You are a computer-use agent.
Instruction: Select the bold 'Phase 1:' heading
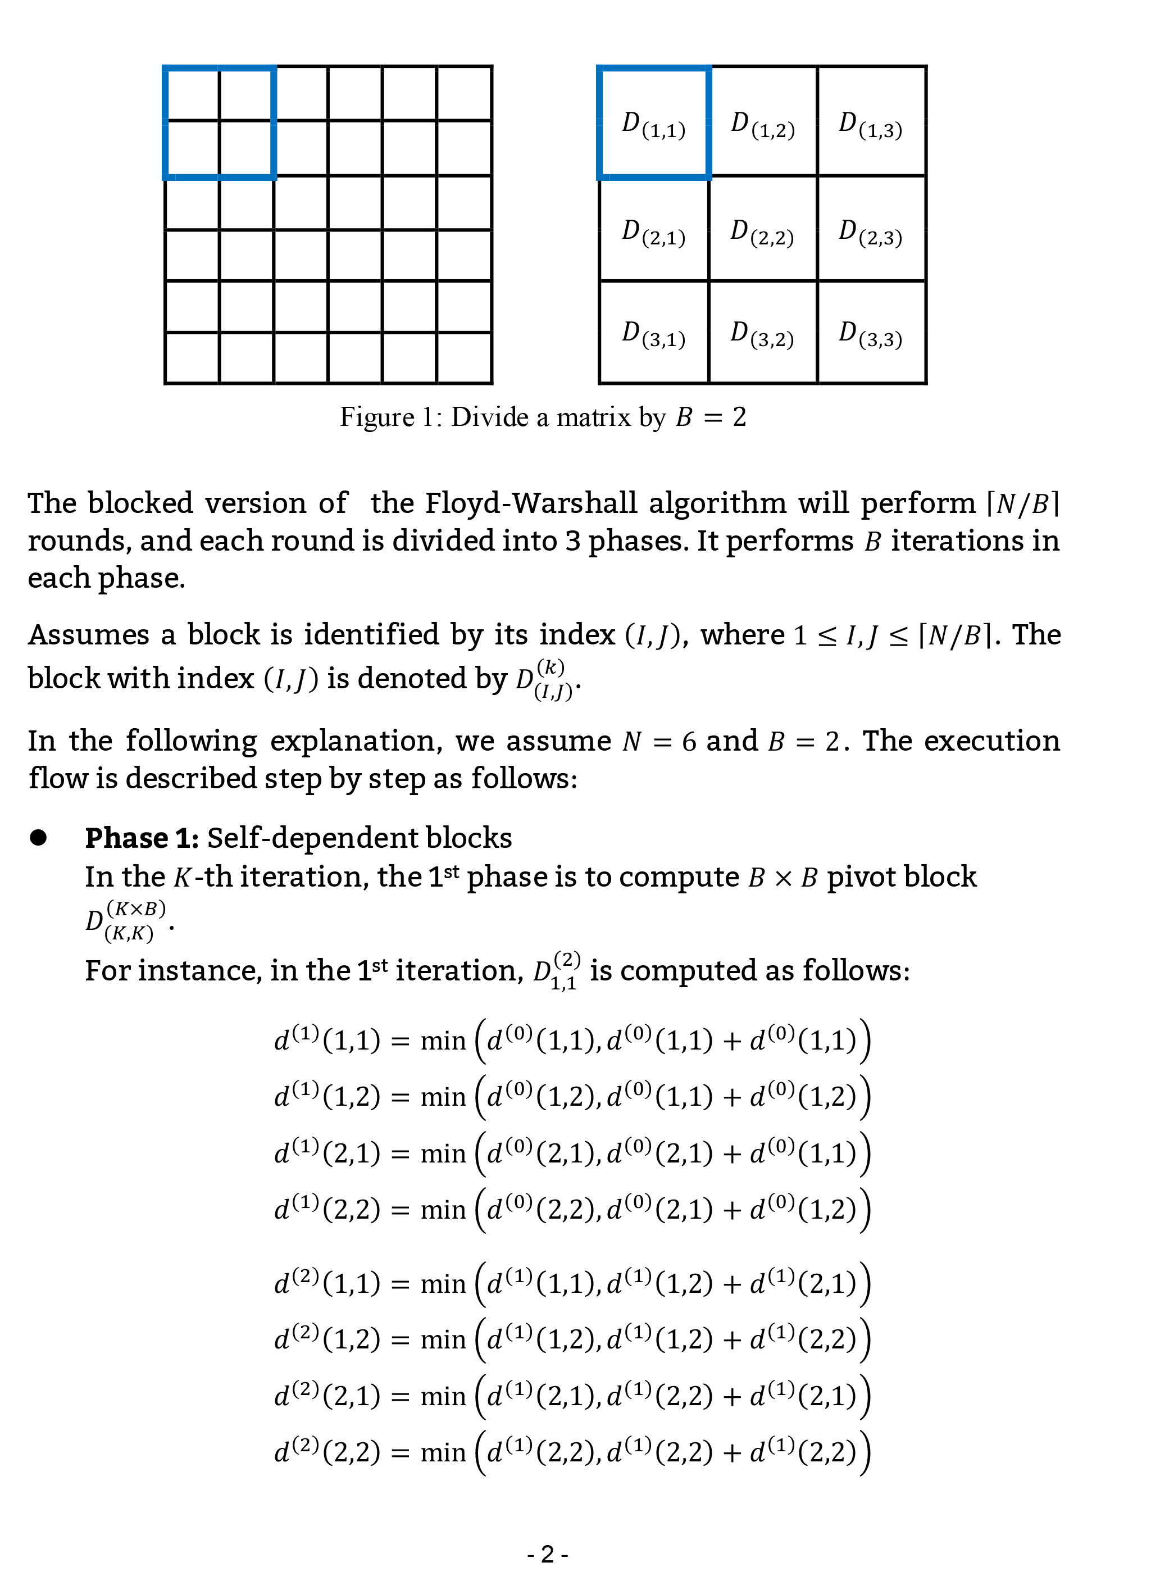[x=142, y=838]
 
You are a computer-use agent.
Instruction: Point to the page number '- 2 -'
[x=548, y=1554]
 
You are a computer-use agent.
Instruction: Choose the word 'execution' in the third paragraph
[x=991, y=741]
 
